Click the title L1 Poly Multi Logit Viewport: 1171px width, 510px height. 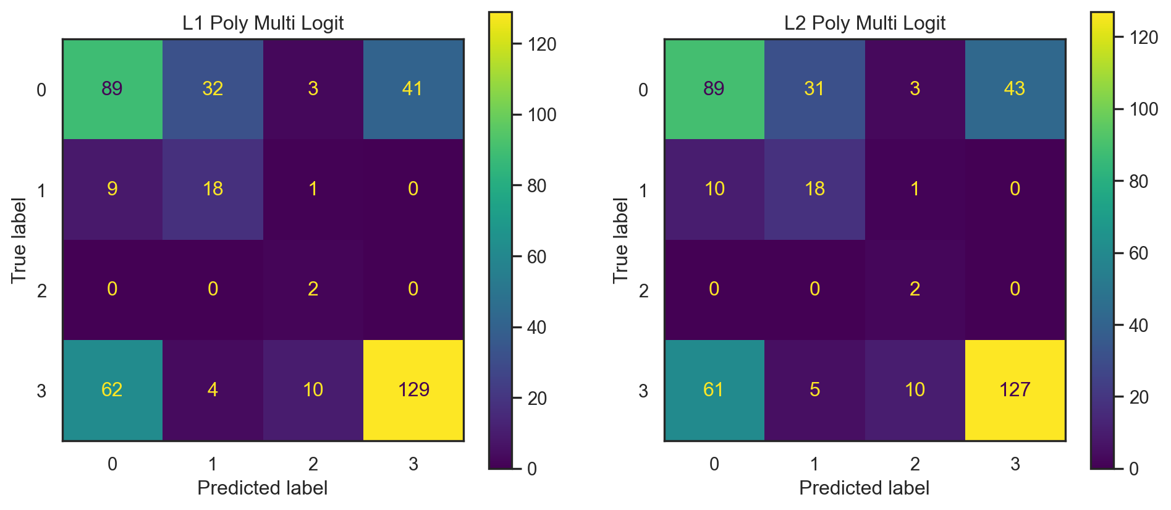(263, 23)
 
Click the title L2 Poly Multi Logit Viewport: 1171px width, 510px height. (865, 23)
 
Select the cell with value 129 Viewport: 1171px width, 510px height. (413, 389)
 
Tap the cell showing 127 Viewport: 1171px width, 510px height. (1015, 389)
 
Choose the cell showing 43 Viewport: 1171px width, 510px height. (1015, 88)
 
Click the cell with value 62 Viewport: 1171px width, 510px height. (112, 389)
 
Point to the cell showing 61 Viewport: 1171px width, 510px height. (714, 389)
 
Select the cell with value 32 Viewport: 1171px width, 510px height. (213, 88)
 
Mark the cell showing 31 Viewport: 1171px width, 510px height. (814, 88)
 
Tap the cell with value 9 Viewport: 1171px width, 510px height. (112, 189)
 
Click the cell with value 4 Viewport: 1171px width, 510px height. (213, 389)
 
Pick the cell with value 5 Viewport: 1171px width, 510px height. (814, 389)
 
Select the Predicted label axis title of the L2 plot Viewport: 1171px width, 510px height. (864, 488)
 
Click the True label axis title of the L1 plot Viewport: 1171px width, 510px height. (19, 240)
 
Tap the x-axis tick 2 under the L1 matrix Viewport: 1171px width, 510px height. (313, 464)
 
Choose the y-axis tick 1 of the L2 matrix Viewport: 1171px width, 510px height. (643, 190)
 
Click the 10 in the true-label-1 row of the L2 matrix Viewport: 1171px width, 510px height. (714, 189)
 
